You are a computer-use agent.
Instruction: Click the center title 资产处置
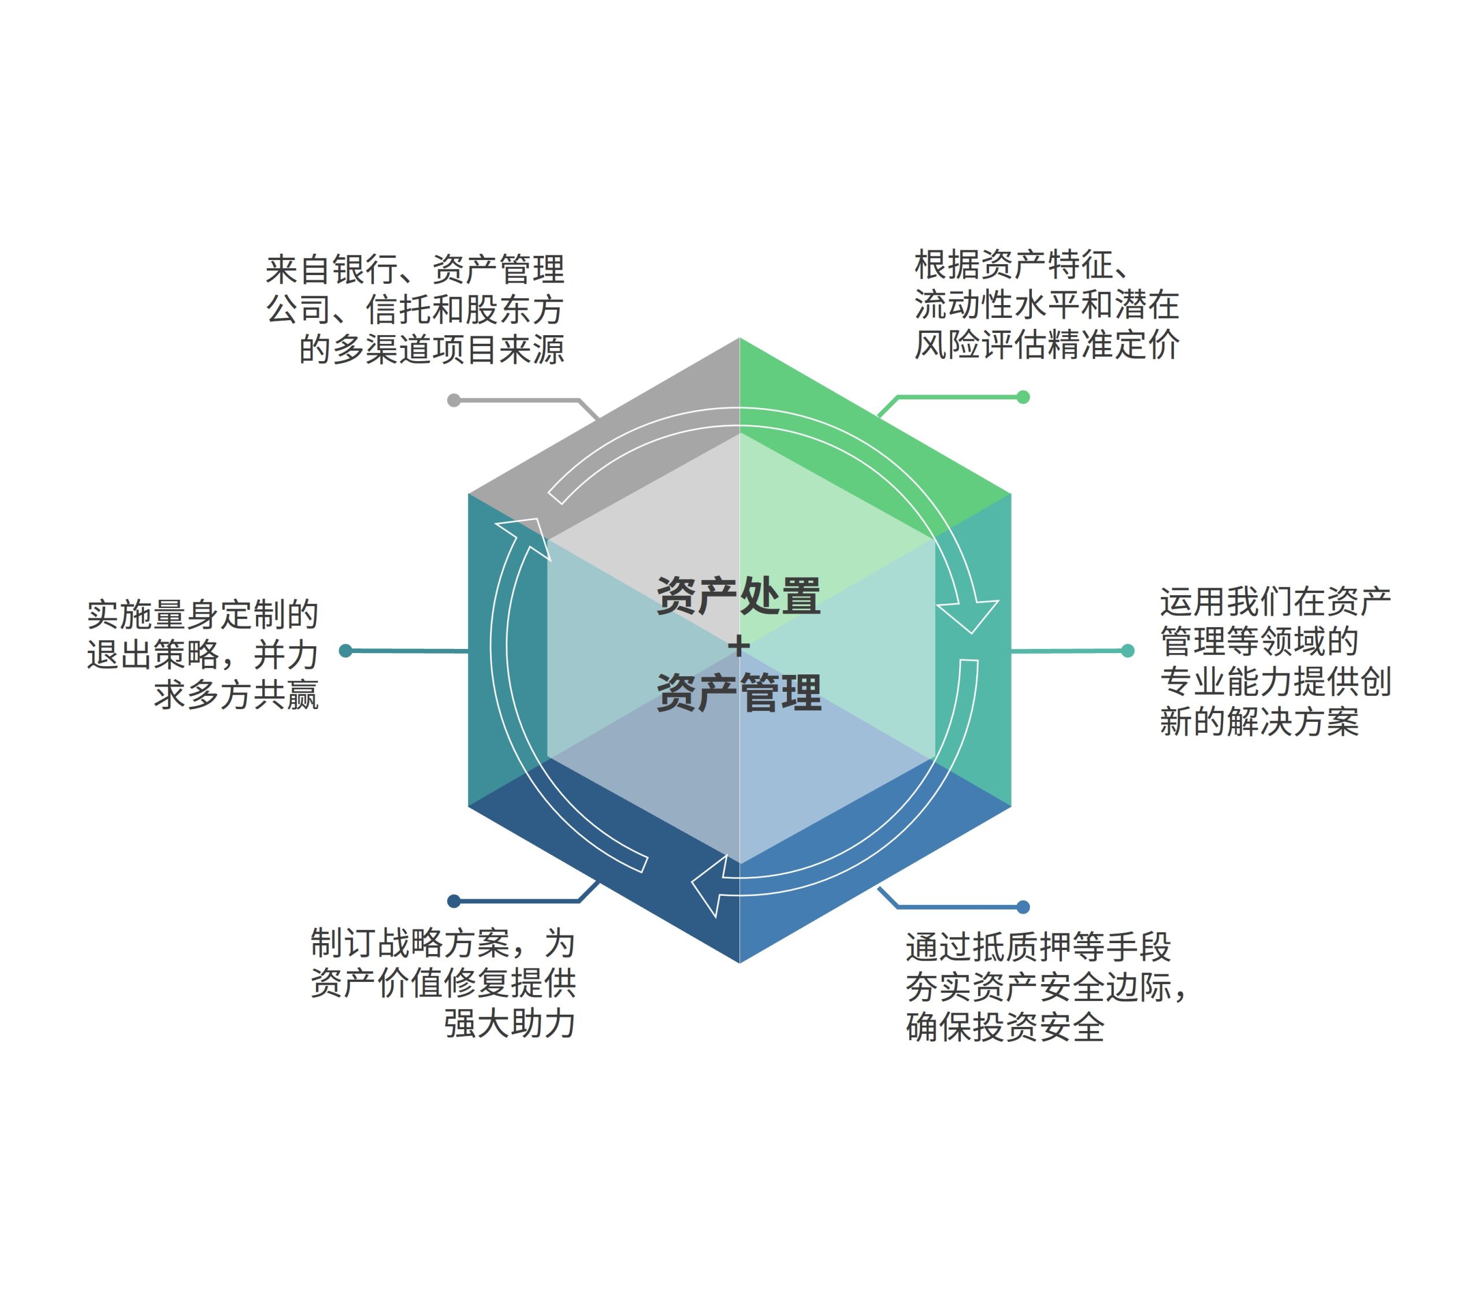point(739,596)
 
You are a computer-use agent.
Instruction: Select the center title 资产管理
point(739,693)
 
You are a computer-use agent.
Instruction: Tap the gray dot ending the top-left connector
point(454,400)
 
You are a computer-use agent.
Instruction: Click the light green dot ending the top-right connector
point(1023,396)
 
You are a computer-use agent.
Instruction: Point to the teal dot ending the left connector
point(346,651)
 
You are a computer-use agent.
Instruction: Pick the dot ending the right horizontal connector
point(1127,651)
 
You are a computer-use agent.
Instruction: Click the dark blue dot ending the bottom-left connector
point(454,901)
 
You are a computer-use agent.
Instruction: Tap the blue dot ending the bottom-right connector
point(1023,907)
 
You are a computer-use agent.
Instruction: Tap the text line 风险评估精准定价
point(1047,344)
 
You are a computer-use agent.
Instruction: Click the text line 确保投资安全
point(1006,1027)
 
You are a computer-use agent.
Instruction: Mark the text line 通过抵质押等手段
point(1038,947)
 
